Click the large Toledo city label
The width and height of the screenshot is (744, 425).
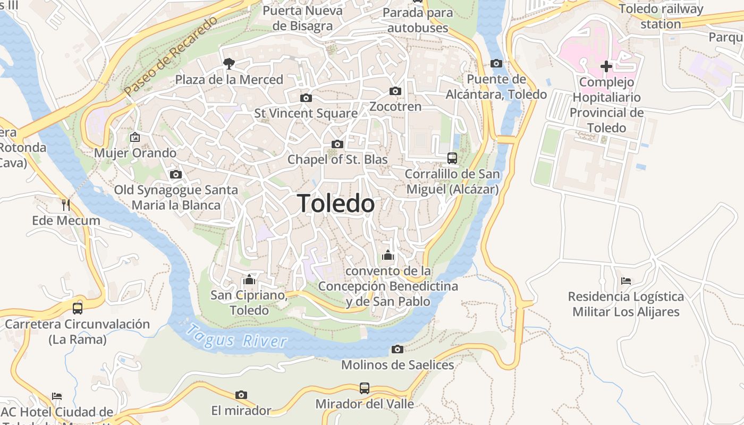336,203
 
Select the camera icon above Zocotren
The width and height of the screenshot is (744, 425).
395,91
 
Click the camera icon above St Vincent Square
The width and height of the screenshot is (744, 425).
306,98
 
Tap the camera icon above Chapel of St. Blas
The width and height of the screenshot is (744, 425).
337,144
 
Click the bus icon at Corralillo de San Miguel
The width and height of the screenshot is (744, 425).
452,158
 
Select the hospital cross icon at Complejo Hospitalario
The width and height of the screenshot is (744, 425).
606,66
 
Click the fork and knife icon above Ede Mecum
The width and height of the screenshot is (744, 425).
66,205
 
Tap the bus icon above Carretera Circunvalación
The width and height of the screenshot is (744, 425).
78,308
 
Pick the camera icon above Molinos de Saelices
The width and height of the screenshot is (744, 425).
398,349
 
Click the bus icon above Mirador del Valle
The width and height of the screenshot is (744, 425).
365,388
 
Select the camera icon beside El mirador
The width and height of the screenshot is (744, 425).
241,395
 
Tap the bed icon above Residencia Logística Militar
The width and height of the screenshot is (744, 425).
626,280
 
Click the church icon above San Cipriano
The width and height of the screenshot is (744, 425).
249,279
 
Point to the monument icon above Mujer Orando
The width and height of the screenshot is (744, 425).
135,137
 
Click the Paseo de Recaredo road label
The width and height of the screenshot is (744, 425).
171,57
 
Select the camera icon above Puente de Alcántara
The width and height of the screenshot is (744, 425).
496,64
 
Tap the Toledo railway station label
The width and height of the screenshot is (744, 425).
661,16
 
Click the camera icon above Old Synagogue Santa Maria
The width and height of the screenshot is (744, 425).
176,174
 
